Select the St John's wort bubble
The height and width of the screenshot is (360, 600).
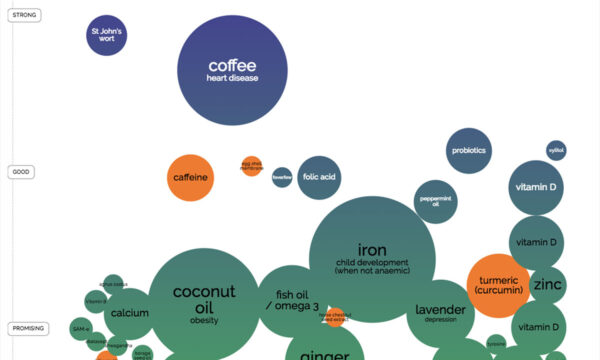pos(106,37)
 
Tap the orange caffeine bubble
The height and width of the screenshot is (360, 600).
pos(190,178)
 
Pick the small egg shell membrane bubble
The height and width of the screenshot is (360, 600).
pos(251,167)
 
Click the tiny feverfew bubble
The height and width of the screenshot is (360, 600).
pos(282,177)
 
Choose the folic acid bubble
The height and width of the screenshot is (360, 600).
pos(319,177)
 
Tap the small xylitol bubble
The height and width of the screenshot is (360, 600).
pos(556,151)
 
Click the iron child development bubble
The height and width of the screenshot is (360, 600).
pos(371,257)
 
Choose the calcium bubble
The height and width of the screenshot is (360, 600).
pos(130,313)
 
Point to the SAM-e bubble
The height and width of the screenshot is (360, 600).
pos(81,328)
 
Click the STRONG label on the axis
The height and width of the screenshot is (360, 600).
pos(24,14)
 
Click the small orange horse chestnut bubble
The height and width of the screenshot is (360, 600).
pos(334,316)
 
